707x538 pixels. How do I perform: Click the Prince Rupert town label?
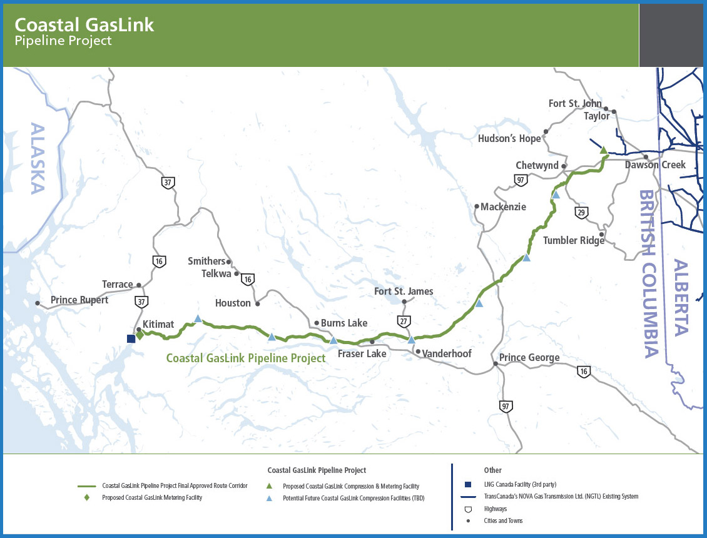[79, 300]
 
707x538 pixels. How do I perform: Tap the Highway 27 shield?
[404, 321]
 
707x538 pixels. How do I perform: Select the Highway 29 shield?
[582, 213]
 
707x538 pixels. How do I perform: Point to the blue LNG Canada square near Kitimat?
[131, 338]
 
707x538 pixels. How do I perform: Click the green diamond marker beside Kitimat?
[140, 335]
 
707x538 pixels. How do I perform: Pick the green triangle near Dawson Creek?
[603, 150]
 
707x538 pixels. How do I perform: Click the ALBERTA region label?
[681, 298]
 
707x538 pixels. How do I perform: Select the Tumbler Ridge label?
[569, 240]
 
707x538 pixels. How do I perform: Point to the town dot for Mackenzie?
[476, 206]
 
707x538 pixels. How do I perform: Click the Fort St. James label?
[404, 291]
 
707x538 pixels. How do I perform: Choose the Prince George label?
[529, 358]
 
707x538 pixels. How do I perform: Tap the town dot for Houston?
[257, 304]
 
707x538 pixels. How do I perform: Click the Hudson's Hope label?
[509, 138]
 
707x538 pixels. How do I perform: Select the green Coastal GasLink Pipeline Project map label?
[246, 358]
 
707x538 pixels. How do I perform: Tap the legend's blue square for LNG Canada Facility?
[467, 484]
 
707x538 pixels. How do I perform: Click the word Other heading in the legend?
[492, 470]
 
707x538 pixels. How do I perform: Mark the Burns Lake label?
[343, 323]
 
